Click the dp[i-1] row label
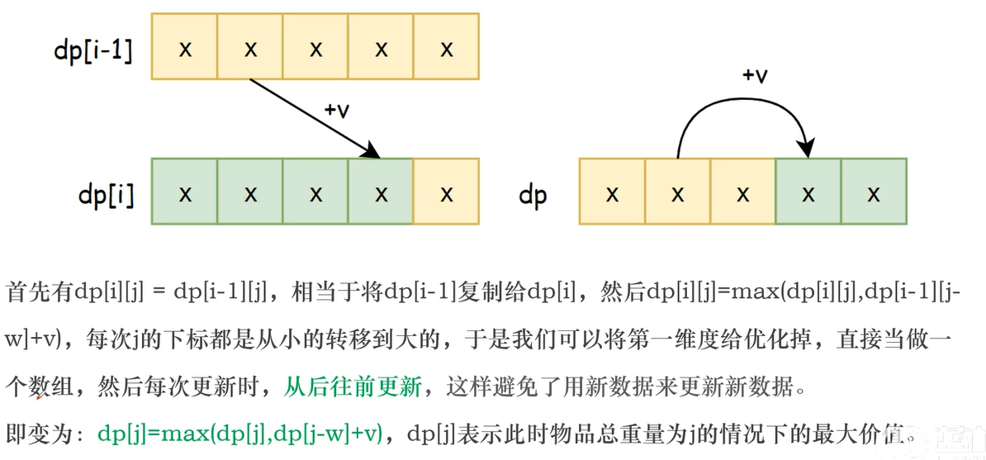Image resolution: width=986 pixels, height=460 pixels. click(x=93, y=49)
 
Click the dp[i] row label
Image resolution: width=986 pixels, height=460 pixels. click(x=106, y=194)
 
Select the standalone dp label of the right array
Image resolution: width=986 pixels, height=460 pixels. click(x=533, y=196)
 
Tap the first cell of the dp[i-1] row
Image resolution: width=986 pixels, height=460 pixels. click(x=185, y=47)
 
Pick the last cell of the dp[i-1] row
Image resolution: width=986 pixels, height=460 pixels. click(x=447, y=47)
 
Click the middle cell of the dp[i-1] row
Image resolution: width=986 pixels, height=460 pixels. click(x=315, y=47)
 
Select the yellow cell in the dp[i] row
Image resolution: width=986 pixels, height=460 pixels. click(x=447, y=193)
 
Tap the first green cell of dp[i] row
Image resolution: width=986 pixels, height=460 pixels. click(x=185, y=193)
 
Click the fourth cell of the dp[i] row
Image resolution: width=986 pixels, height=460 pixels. click(x=381, y=193)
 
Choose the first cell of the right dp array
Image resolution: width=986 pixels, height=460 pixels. click(x=612, y=193)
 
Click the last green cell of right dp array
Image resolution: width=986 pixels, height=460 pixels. click(x=874, y=193)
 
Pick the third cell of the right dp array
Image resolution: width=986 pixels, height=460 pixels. click(x=742, y=193)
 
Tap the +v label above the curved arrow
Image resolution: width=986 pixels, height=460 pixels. click(x=754, y=75)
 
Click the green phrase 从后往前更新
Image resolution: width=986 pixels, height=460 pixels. click(x=353, y=386)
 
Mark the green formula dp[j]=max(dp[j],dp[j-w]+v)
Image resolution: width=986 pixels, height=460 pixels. click(x=239, y=432)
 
